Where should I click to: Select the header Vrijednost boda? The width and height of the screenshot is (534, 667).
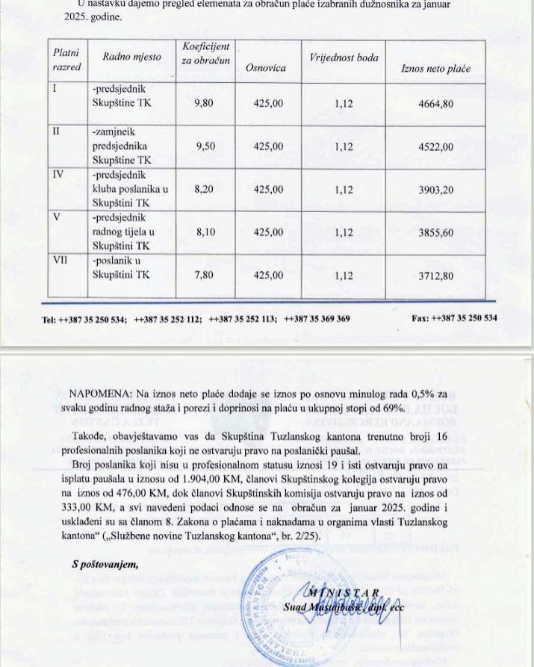[x=344, y=58]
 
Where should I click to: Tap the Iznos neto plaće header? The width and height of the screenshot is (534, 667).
[x=436, y=69]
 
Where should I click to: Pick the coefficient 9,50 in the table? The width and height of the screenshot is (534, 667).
[x=205, y=147]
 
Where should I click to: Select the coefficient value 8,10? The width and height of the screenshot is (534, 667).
[x=205, y=232]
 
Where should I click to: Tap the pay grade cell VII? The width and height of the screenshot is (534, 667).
[x=60, y=261]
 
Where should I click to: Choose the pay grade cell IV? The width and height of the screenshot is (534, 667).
[x=59, y=176]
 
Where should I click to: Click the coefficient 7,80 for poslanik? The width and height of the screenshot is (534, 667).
[x=203, y=276]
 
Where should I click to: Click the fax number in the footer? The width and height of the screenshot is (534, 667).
[x=454, y=319]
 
